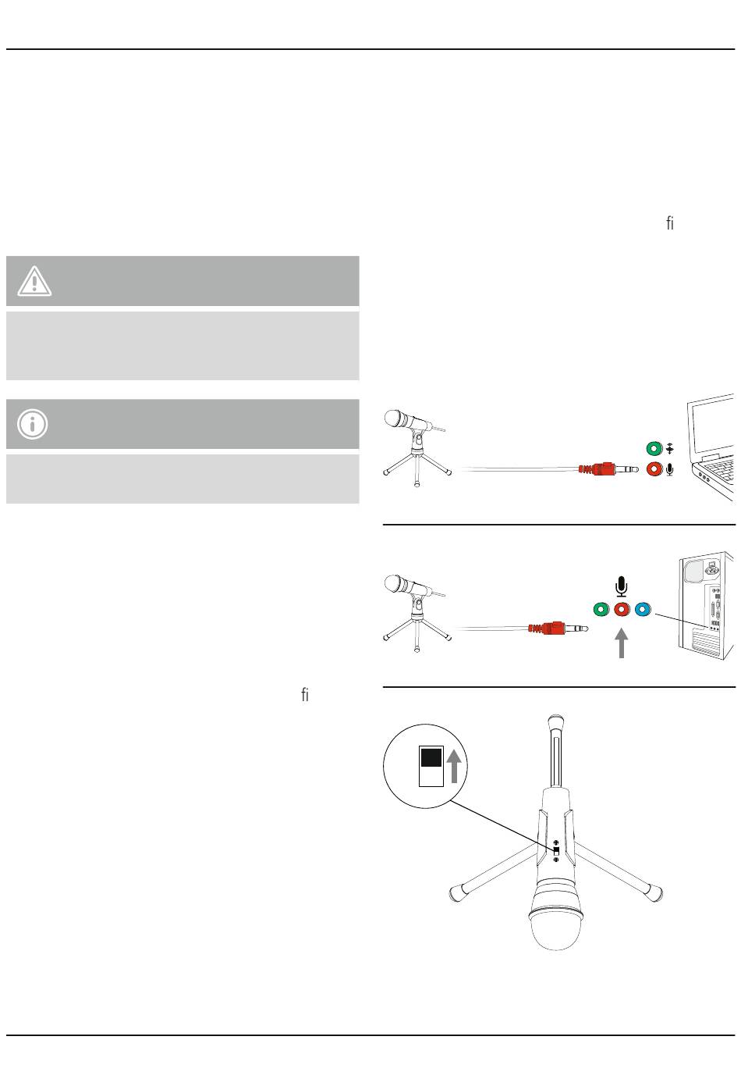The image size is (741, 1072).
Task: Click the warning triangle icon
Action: [x=34, y=281]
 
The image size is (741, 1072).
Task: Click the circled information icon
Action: [x=33, y=424]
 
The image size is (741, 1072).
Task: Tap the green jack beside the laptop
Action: [x=654, y=449]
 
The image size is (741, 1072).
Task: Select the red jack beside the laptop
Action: [x=654, y=468]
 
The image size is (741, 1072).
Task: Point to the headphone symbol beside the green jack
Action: [x=670, y=449]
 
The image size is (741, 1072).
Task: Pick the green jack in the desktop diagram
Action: [x=601, y=610]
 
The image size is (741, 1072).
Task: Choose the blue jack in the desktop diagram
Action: [x=643, y=610]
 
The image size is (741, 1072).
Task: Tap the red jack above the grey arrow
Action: [x=622, y=610]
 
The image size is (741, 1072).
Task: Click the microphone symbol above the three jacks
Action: [x=622, y=586]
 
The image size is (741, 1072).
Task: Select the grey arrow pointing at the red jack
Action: [x=622, y=643]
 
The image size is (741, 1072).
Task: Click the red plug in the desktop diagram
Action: [x=558, y=628]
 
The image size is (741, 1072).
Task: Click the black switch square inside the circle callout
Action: [x=431, y=758]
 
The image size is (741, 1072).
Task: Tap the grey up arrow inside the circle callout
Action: [x=454, y=766]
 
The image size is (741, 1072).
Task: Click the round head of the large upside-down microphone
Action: [x=555, y=928]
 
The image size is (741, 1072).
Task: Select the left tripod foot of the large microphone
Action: [x=458, y=893]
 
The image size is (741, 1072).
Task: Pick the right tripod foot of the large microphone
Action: [x=654, y=893]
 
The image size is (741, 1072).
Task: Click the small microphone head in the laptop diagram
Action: [x=395, y=418]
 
